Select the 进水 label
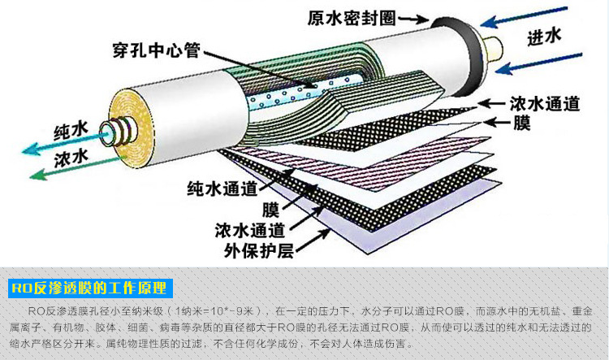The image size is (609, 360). point(545,37)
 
